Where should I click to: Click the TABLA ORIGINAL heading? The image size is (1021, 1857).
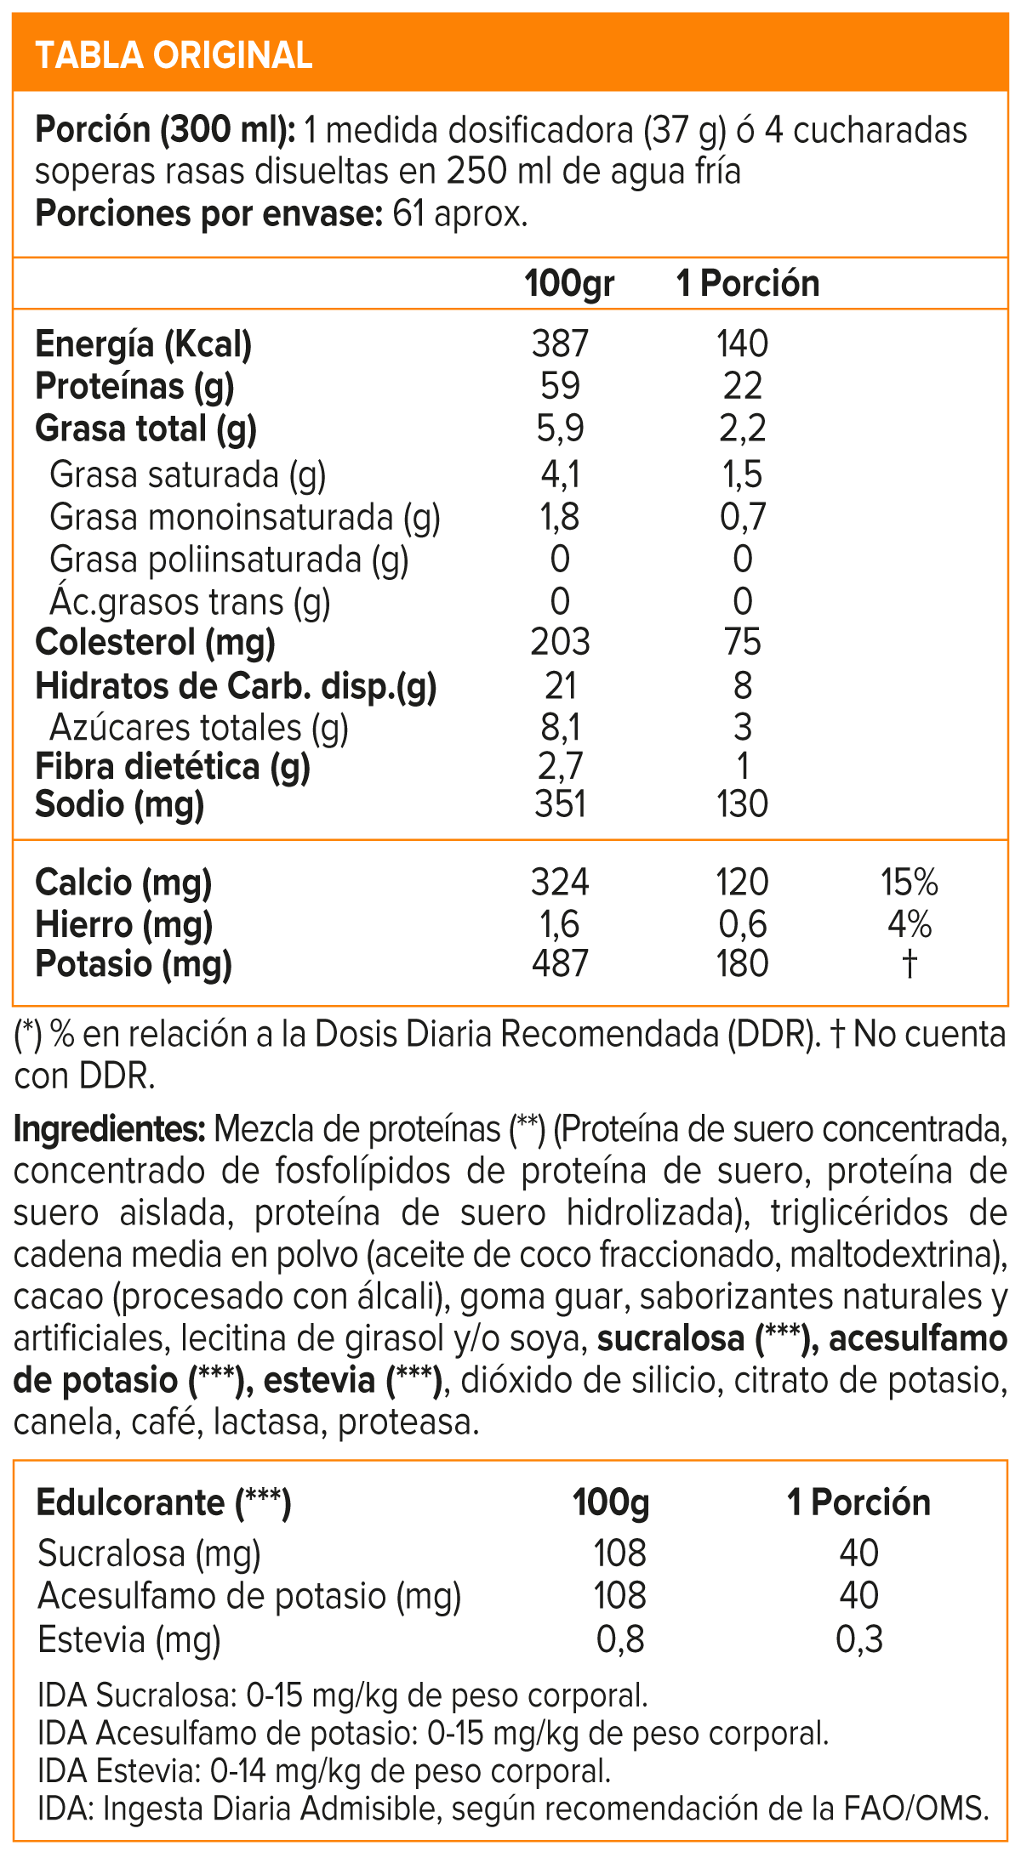point(174,55)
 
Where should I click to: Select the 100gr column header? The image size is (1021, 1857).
point(569,283)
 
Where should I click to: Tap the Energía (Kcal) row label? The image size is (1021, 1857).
point(144,344)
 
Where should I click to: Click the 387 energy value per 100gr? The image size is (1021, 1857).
point(560,344)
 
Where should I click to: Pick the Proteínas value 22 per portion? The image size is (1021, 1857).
point(742,386)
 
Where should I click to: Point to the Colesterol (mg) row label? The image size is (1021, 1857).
point(155,642)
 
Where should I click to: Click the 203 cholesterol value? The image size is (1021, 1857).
point(560,642)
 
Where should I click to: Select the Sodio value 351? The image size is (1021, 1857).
point(560,804)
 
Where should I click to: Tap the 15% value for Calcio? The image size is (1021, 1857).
point(909,883)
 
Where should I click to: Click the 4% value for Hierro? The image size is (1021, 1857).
point(909,924)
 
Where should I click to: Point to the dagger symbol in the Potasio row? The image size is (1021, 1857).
point(910,964)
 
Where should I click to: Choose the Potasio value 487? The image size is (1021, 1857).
point(560,964)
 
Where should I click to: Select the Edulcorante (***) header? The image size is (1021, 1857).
point(163,1502)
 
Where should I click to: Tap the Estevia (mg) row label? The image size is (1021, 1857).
point(129,1638)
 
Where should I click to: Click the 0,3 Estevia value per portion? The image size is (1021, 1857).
point(859,1638)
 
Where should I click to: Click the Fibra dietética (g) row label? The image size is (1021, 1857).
point(173,766)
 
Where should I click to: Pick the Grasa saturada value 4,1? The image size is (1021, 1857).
point(560,474)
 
